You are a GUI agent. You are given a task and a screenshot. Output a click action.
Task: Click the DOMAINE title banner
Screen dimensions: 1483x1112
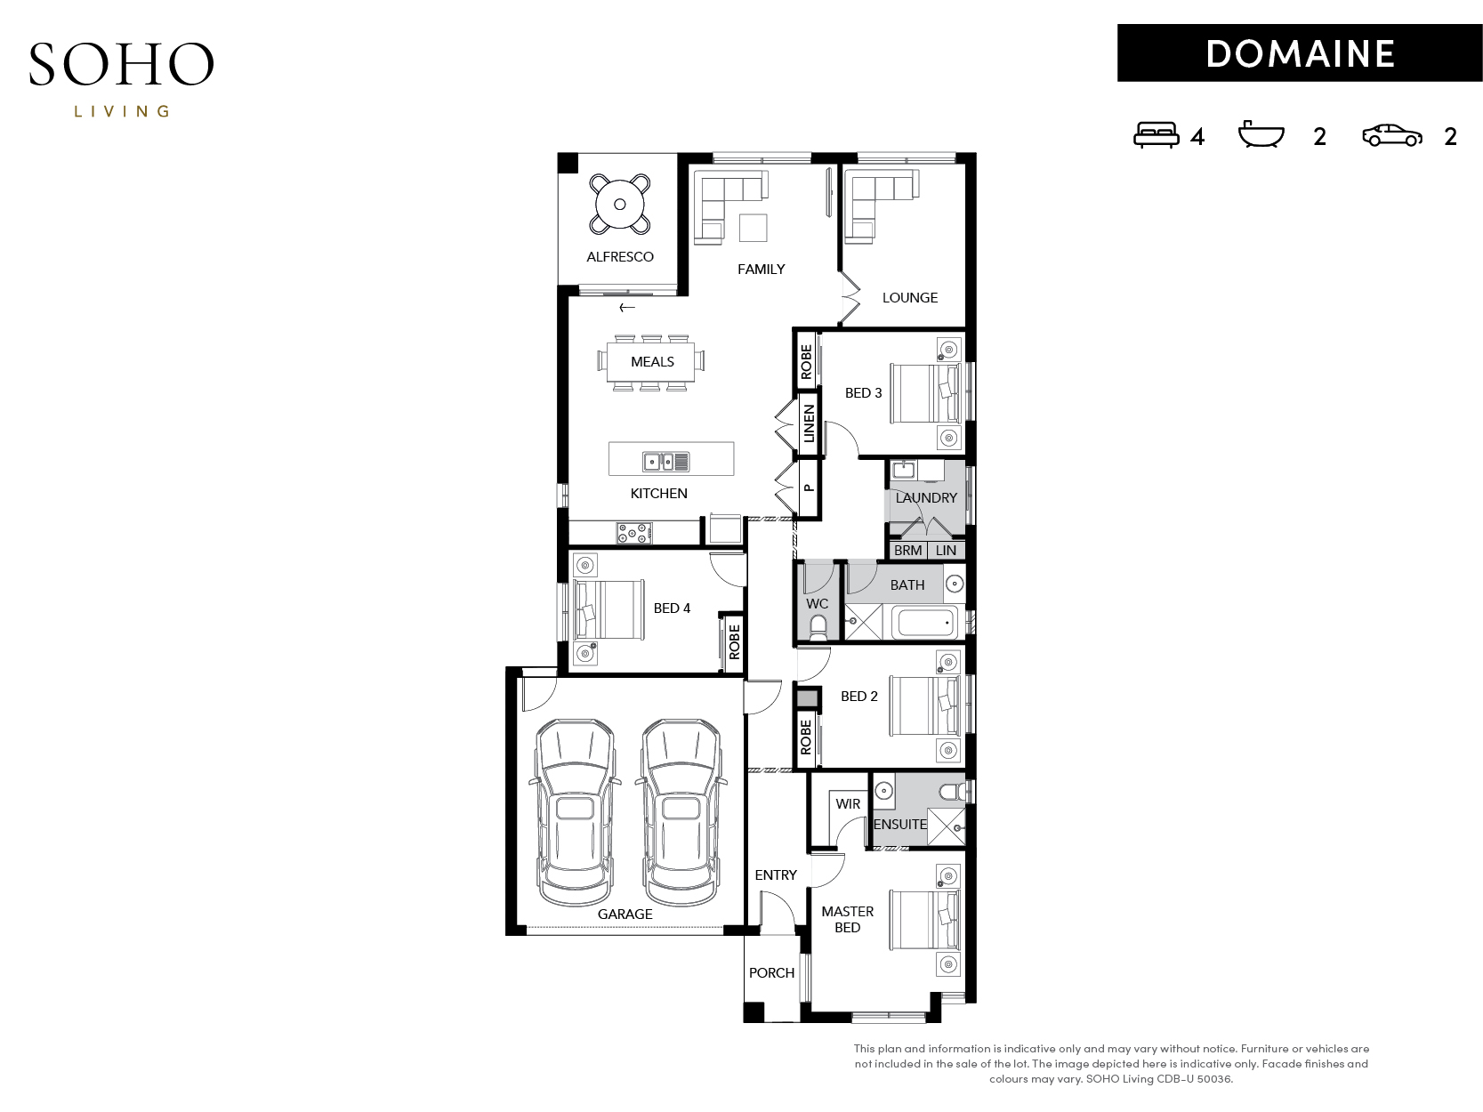pyautogui.click(x=1299, y=53)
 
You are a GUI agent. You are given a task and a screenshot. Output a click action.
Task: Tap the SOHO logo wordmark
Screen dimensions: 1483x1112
pyautogui.click(x=121, y=64)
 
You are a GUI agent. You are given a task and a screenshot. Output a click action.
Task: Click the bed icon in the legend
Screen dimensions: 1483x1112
pyautogui.click(x=1156, y=134)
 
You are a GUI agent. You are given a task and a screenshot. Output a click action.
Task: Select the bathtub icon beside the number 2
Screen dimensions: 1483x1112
pyautogui.click(x=1261, y=133)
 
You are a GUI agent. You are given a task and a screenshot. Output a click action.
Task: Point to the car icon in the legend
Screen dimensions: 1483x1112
pyautogui.click(x=1391, y=135)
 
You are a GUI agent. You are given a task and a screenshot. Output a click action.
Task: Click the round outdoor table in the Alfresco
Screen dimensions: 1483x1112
pyautogui.click(x=619, y=204)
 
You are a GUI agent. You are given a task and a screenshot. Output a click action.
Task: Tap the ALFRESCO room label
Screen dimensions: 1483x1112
pyautogui.click(x=619, y=257)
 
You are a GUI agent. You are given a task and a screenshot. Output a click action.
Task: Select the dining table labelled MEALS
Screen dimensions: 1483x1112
pyautogui.click(x=651, y=362)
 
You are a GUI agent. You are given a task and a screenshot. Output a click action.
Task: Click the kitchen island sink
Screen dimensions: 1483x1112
pyautogui.click(x=665, y=462)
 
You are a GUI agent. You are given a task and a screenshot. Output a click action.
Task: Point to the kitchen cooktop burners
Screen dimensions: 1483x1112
pyautogui.click(x=633, y=534)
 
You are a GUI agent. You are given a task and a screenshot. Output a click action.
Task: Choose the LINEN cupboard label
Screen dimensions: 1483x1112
pyautogui.click(x=809, y=423)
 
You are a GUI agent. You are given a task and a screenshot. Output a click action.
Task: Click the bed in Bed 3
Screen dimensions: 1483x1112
pyautogui.click(x=925, y=394)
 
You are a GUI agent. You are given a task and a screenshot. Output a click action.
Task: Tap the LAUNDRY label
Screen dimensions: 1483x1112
pyautogui.click(x=925, y=498)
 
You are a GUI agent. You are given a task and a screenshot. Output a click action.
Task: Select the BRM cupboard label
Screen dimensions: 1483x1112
pyautogui.click(x=907, y=551)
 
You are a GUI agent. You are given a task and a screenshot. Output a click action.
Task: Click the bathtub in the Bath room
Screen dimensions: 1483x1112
pyautogui.click(x=926, y=623)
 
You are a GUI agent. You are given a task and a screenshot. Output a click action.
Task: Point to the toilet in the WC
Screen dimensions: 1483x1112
pyautogui.click(x=818, y=626)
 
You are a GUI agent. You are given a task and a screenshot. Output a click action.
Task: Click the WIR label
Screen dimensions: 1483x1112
pyautogui.click(x=847, y=804)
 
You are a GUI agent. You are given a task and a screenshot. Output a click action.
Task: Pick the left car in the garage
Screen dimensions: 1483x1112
pyautogui.click(x=575, y=811)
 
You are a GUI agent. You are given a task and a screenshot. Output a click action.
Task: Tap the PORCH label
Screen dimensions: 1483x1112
pyautogui.click(x=771, y=973)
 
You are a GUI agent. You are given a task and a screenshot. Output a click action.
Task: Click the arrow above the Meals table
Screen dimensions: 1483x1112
pyautogui.click(x=627, y=308)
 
